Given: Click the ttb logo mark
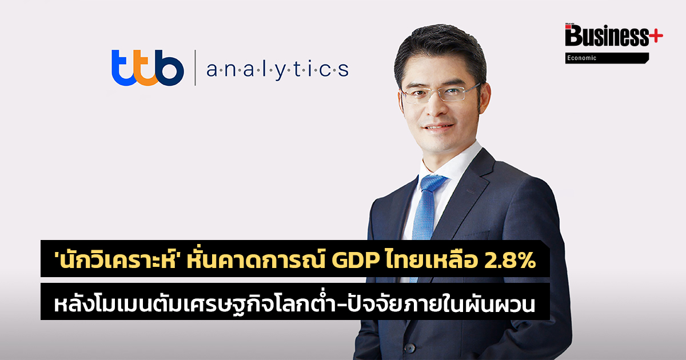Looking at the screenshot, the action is pyautogui.click(x=147, y=67).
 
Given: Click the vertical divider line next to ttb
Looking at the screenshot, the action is pyautogui.click(x=195, y=67).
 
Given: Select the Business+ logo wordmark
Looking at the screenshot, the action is pyautogui.click(x=614, y=35).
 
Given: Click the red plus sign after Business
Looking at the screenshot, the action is pyautogui.click(x=656, y=36).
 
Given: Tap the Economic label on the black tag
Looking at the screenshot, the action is pyautogui.click(x=581, y=58).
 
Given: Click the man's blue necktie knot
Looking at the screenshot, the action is pyautogui.click(x=433, y=183).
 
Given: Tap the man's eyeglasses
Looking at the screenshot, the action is pyautogui.click(x=441, y=93).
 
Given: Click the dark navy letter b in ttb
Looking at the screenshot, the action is pyautogui.click(x=169, y=67).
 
